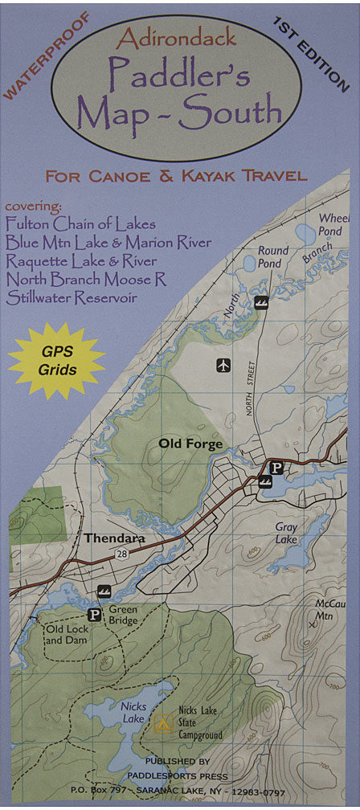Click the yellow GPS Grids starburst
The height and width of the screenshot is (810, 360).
56,360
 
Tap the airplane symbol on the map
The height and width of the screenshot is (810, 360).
223,366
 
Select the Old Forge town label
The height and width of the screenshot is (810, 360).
190,443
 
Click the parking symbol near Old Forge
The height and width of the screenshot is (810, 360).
276,467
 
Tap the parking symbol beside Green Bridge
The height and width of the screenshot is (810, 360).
94,616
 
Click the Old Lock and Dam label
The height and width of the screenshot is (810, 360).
67,635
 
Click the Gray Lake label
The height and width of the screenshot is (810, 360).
286,534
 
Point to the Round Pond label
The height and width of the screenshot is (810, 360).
273,257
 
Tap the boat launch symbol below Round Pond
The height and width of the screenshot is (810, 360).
260,303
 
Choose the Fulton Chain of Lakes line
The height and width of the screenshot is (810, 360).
80,224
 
